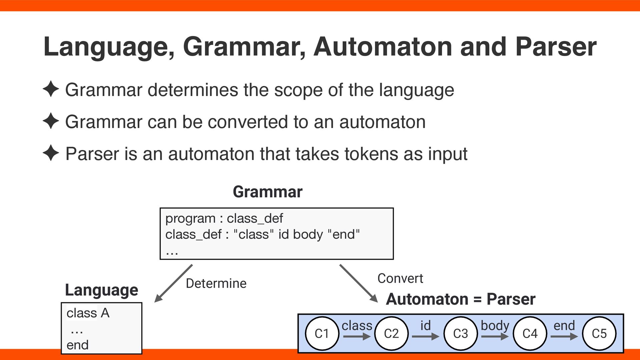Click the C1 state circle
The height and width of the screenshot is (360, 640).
coord(322,333)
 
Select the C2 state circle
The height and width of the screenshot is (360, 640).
coord(391,333)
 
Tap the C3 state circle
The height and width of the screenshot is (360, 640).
coord(461,333)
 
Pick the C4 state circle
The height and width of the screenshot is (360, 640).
coord(530,333)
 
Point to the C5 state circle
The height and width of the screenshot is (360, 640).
coord(599,333)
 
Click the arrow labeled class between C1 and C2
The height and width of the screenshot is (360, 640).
coord(357,337)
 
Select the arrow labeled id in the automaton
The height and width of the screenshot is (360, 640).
coord(426,337)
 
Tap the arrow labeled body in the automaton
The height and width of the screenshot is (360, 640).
coord(495,337)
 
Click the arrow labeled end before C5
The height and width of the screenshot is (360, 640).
coord(564,337)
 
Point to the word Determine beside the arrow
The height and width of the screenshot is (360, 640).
coord(216,283)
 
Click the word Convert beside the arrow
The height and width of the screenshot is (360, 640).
coord(400,278)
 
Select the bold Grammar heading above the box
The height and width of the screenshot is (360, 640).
coord(268,192)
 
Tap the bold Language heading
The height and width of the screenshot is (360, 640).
coord(101,290)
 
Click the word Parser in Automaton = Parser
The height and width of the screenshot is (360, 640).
coord(511,299)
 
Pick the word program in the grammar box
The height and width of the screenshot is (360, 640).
coord(190,219)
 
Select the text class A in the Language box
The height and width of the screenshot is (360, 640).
coord(88,313)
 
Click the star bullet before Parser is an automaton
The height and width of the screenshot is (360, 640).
coord(51,153)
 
